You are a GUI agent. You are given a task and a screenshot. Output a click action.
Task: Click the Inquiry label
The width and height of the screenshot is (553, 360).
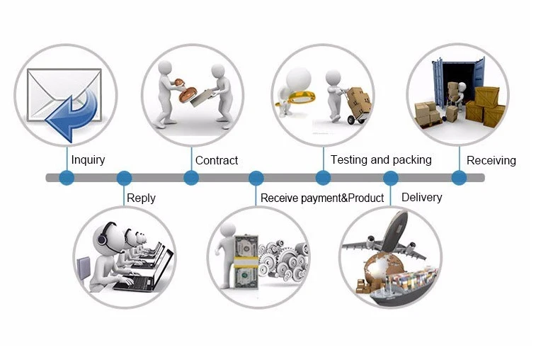point(88,160)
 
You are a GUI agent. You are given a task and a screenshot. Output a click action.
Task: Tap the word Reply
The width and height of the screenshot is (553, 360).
point(141,198)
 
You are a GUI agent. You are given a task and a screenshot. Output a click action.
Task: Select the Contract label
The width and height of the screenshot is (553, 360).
point(217,161)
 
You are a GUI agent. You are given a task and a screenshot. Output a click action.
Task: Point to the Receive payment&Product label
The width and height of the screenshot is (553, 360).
point(322,198)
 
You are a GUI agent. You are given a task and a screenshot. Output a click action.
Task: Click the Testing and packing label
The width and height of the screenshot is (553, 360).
point(381,160)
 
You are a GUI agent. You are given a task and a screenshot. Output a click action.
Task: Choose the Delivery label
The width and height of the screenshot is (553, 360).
point(421,197)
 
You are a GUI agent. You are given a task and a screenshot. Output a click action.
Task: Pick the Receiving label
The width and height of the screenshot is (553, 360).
point(491,161)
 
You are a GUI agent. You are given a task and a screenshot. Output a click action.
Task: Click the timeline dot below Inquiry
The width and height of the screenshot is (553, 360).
point(67,178)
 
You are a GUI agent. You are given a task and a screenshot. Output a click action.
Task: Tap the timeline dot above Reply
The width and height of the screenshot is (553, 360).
point(124,178)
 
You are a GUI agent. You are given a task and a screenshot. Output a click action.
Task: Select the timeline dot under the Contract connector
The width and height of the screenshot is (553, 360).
point(191,178)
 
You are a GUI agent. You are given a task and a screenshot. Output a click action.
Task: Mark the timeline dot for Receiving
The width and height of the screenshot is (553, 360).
point(459,178)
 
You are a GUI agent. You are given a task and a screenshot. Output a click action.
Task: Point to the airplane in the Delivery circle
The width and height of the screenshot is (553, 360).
point(386,237)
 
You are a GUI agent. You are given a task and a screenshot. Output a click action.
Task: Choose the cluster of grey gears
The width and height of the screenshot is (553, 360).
point(283,259)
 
